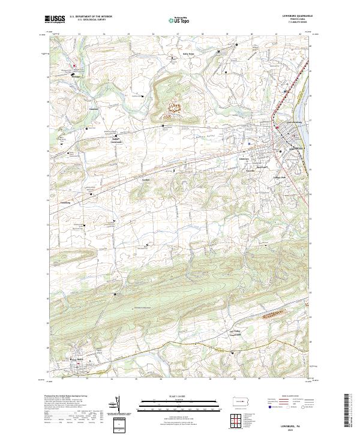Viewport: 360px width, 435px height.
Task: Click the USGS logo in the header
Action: pos(55,20)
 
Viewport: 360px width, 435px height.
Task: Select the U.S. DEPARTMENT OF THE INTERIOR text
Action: pos(91,17)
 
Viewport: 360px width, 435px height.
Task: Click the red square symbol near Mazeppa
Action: pos(75,65)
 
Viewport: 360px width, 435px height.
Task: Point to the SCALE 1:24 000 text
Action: pos(179,397)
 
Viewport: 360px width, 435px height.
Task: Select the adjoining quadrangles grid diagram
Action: pos(236,418)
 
